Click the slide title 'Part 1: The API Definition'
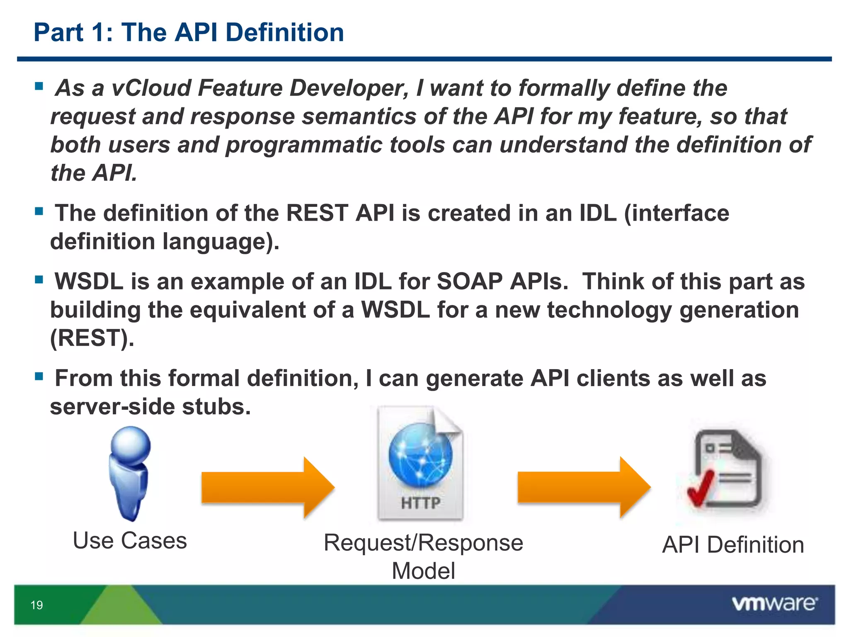click(189, 32)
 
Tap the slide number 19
click(37, 605)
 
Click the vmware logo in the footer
click(774, 603)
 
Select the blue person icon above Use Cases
click(130, 473)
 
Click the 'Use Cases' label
click(130, 541)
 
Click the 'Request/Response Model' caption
click(423, 556)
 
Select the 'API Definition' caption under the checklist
click(733, 545)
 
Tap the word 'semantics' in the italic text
click(359, 117)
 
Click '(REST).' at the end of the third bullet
click(92, 338)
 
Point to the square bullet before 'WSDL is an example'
click(39, 280)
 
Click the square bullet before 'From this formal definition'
click(39, 377)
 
